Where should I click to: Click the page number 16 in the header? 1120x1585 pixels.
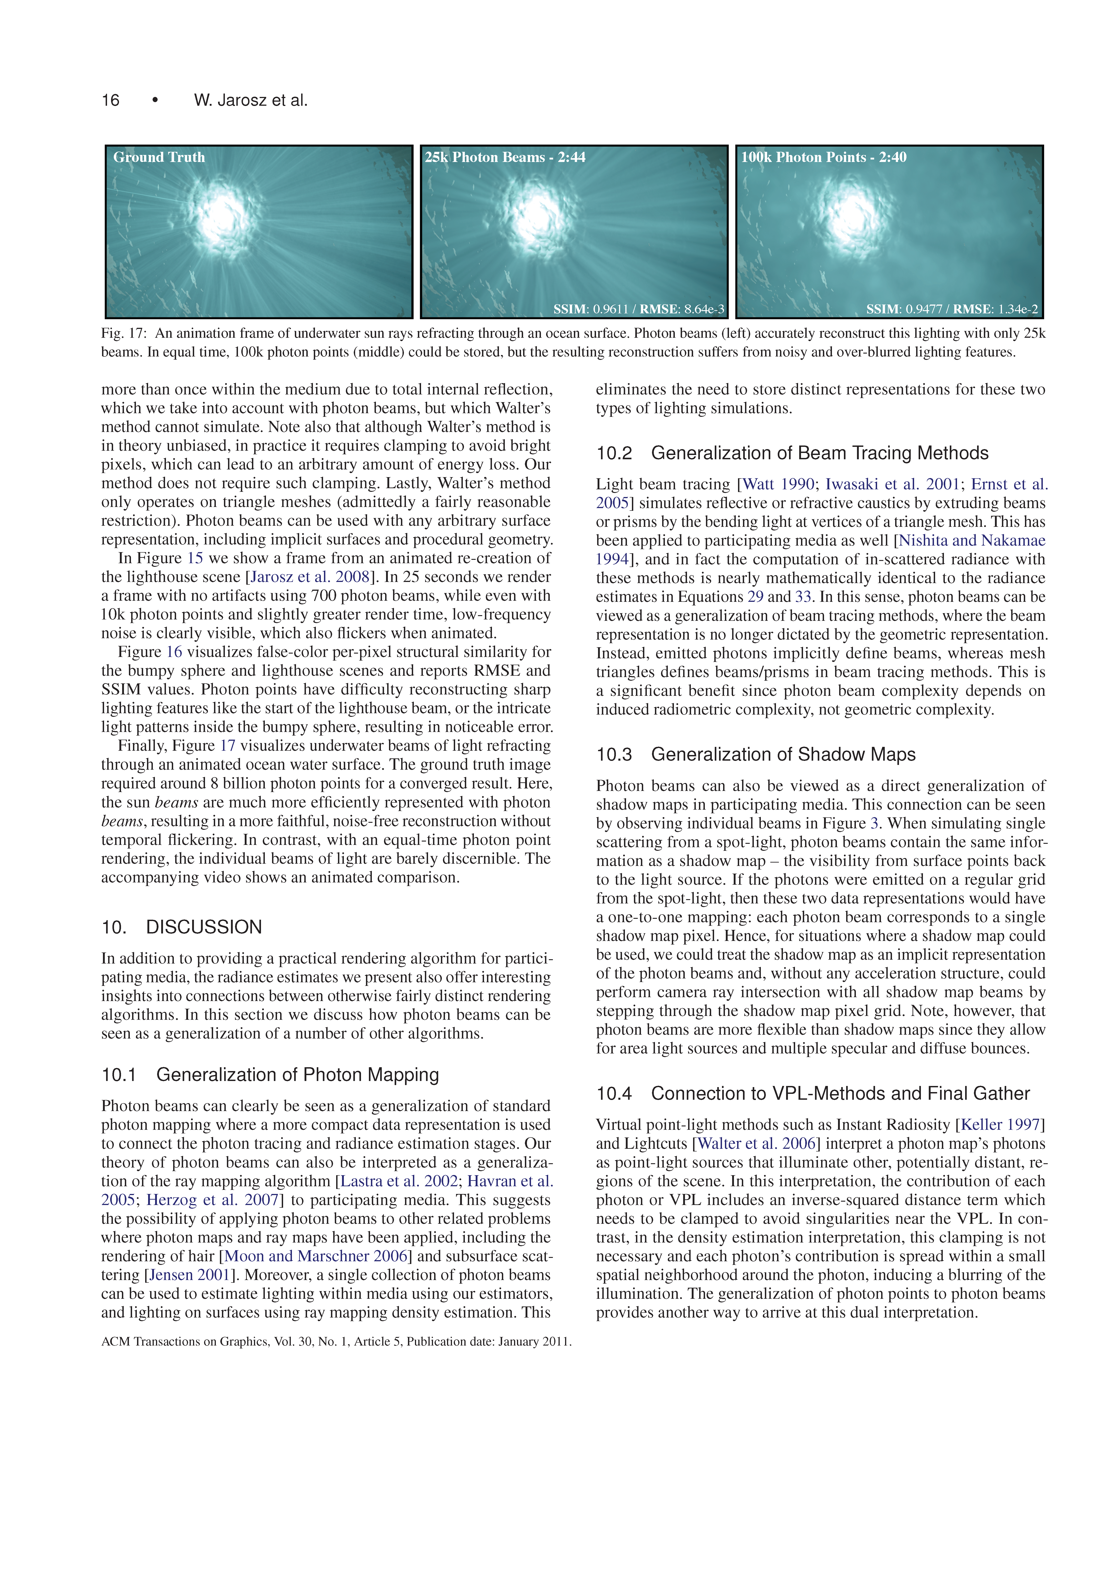[110, 101]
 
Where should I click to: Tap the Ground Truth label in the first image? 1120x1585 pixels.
[159, 157]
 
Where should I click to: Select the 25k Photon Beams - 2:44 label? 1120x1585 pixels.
[504, 157]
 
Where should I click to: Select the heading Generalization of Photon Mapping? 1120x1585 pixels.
[297, 1075]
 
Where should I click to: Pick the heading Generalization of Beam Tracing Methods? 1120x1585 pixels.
[819, 454]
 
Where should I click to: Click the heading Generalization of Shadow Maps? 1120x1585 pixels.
[782, 755]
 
